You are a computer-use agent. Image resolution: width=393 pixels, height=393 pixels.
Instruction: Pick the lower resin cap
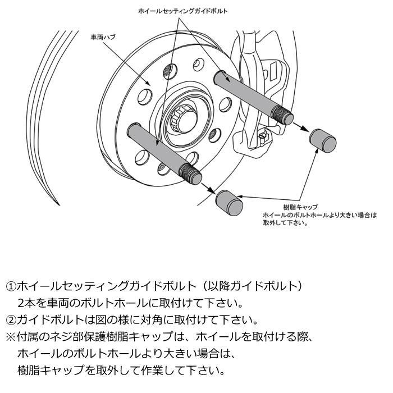229,201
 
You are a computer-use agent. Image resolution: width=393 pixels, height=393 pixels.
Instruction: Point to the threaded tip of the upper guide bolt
285,116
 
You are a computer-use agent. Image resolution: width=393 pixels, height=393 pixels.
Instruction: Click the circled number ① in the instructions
11,286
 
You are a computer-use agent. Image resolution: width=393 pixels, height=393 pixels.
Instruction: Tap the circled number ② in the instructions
11,321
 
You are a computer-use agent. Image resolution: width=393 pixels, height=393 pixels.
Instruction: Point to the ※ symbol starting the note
11,337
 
